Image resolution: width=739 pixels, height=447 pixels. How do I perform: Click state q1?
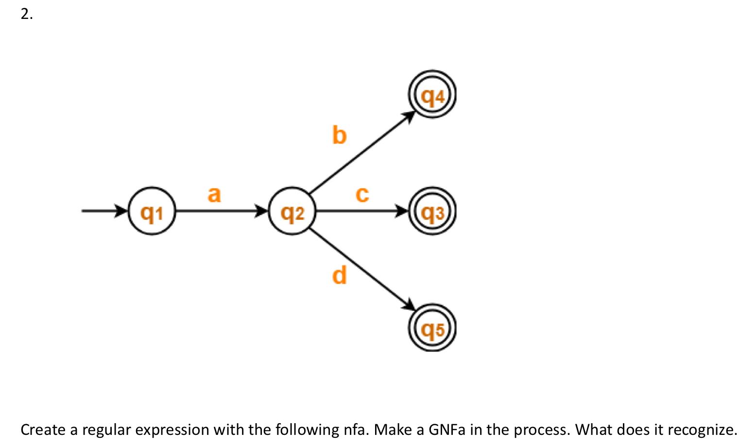click(152, 212)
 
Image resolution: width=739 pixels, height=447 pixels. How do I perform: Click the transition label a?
click(214, 194)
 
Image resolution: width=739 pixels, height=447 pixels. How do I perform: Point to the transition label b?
click(339, 134)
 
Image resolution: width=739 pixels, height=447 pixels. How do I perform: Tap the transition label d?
click(339, 275)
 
